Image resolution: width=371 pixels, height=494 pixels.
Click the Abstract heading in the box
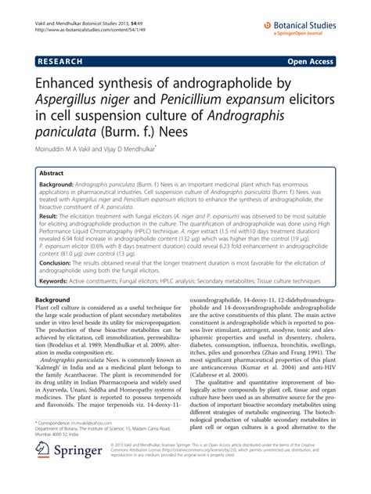click(52, 173)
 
